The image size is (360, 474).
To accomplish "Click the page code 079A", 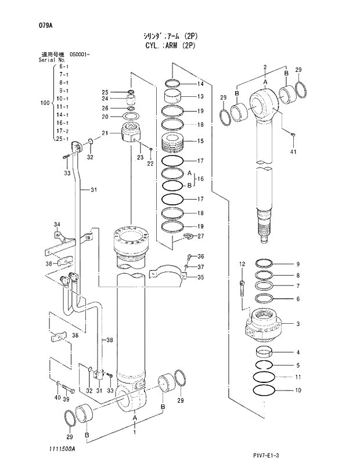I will (x=30, y=25).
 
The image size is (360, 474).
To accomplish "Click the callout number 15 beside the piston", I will (x=200, y=141).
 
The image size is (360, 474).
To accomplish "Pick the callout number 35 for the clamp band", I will (x=200, y=277).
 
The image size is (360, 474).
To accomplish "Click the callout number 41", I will (x=293, y=152).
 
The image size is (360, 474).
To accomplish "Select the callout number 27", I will (x=200, y=236).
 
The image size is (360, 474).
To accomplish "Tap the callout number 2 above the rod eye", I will (x=264, y=68).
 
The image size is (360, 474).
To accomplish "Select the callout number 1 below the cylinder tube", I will (x=135, y=432).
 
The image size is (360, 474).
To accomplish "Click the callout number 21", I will (x=105, y=133).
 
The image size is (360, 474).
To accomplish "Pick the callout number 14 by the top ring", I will (x=200, y=85).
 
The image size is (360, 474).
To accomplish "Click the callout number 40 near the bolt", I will (x=57, y=397).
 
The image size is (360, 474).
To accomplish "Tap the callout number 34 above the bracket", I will (x=57, y=225).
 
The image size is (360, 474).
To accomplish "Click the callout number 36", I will (x=200, y=256).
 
